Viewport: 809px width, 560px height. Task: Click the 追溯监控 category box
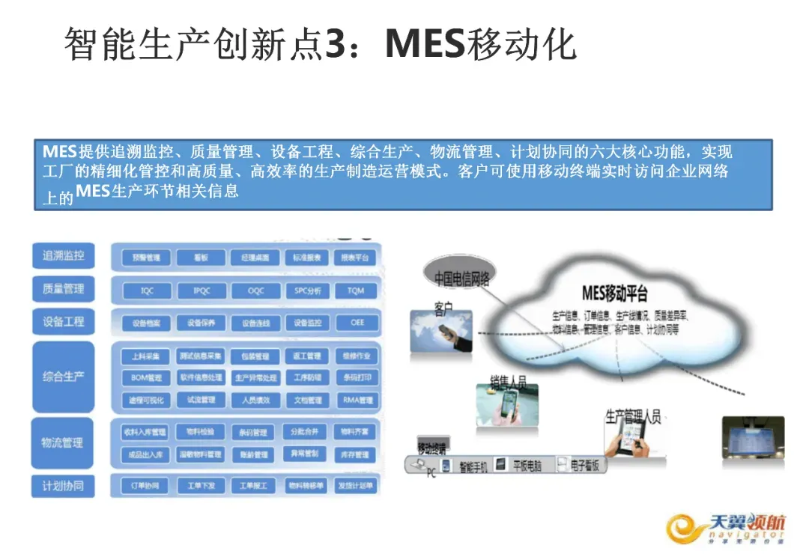pyautogui.click(x=64, y=256)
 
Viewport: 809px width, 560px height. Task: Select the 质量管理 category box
pyautogui.click(x=64, y=289)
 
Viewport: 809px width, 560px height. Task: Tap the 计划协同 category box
pyautogui.click(x=64, y=486)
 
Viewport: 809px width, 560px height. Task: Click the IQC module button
pyautogui.click(x=146, y=290)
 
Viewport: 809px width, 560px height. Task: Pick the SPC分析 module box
pyautogui.click(x=307, y=290)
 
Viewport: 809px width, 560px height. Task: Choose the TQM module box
pyautogui.click(x=356, y=290)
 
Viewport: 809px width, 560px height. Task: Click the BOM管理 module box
pyautogui.click(x=146, y=378)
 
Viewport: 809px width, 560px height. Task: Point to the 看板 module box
pyautogui.click(x=200, y=258)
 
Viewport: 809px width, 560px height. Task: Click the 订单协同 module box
pyautogui.click(x=146, y=486)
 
